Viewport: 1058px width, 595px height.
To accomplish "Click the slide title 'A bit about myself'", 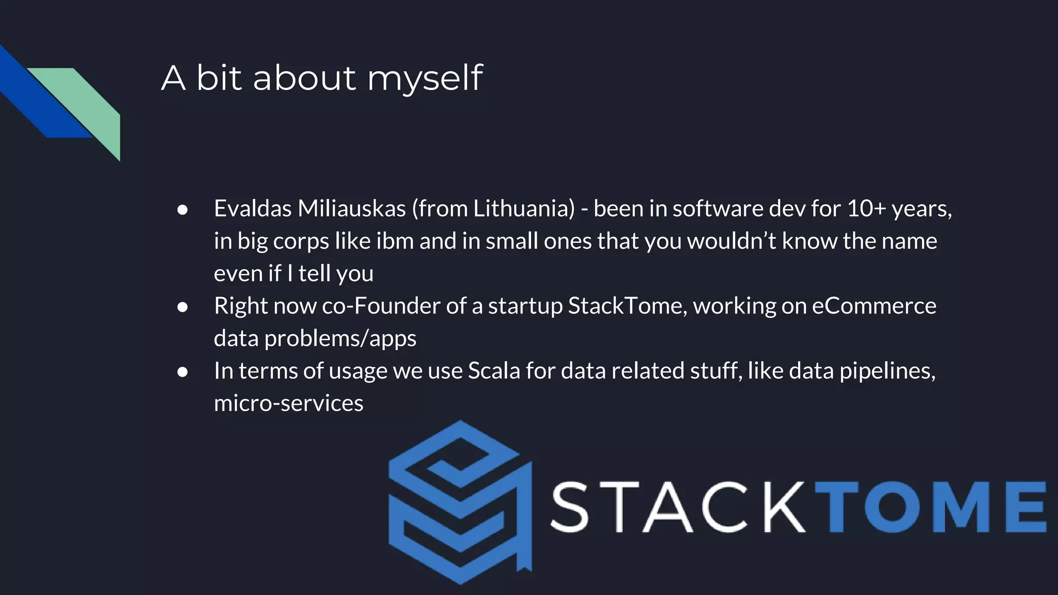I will click(x=321, y=78).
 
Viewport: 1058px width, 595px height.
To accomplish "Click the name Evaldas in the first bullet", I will click(x=253, y=209).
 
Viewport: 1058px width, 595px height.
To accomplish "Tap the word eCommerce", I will click(x=874, y=306).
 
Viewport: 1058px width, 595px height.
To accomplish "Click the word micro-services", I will click(x=288, y=403).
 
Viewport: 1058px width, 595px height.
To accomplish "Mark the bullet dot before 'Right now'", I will click(x=182, y=307).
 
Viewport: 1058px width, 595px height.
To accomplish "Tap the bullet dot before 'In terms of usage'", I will click(x=182, y=372).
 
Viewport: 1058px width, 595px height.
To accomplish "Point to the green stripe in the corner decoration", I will click(x=88, y=103).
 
